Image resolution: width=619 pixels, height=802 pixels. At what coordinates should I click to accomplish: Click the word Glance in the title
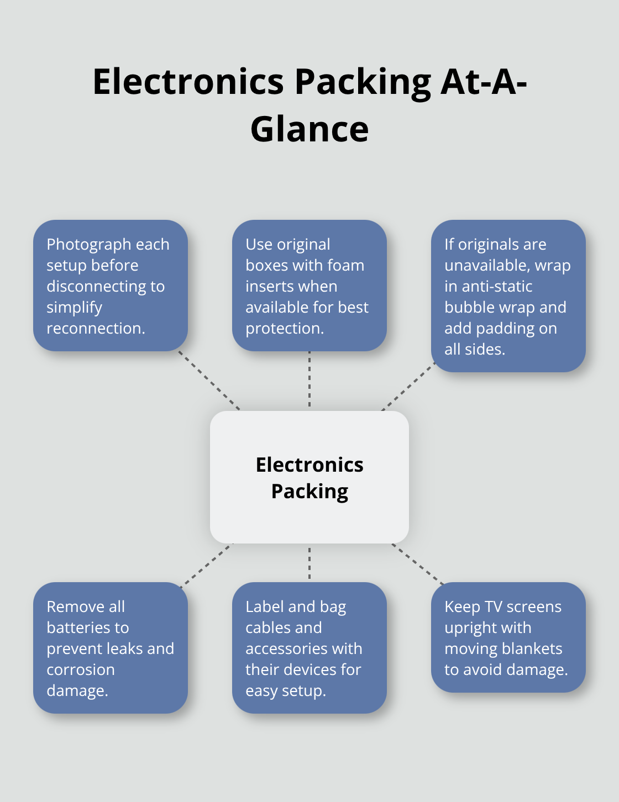(309, 129)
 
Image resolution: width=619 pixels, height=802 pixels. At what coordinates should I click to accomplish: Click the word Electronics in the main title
(188, 82)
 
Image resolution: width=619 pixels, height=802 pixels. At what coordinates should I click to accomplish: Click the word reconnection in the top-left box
(95, 328)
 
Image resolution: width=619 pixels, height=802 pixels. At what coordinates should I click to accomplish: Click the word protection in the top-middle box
(284, 328)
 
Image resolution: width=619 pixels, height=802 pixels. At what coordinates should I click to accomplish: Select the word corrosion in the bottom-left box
(81, 669)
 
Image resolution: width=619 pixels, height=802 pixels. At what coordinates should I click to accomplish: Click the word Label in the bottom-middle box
(264, 606)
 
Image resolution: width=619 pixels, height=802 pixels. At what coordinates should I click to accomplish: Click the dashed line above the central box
(309, 381)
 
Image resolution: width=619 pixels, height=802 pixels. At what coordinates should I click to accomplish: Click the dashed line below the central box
(309, 563)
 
